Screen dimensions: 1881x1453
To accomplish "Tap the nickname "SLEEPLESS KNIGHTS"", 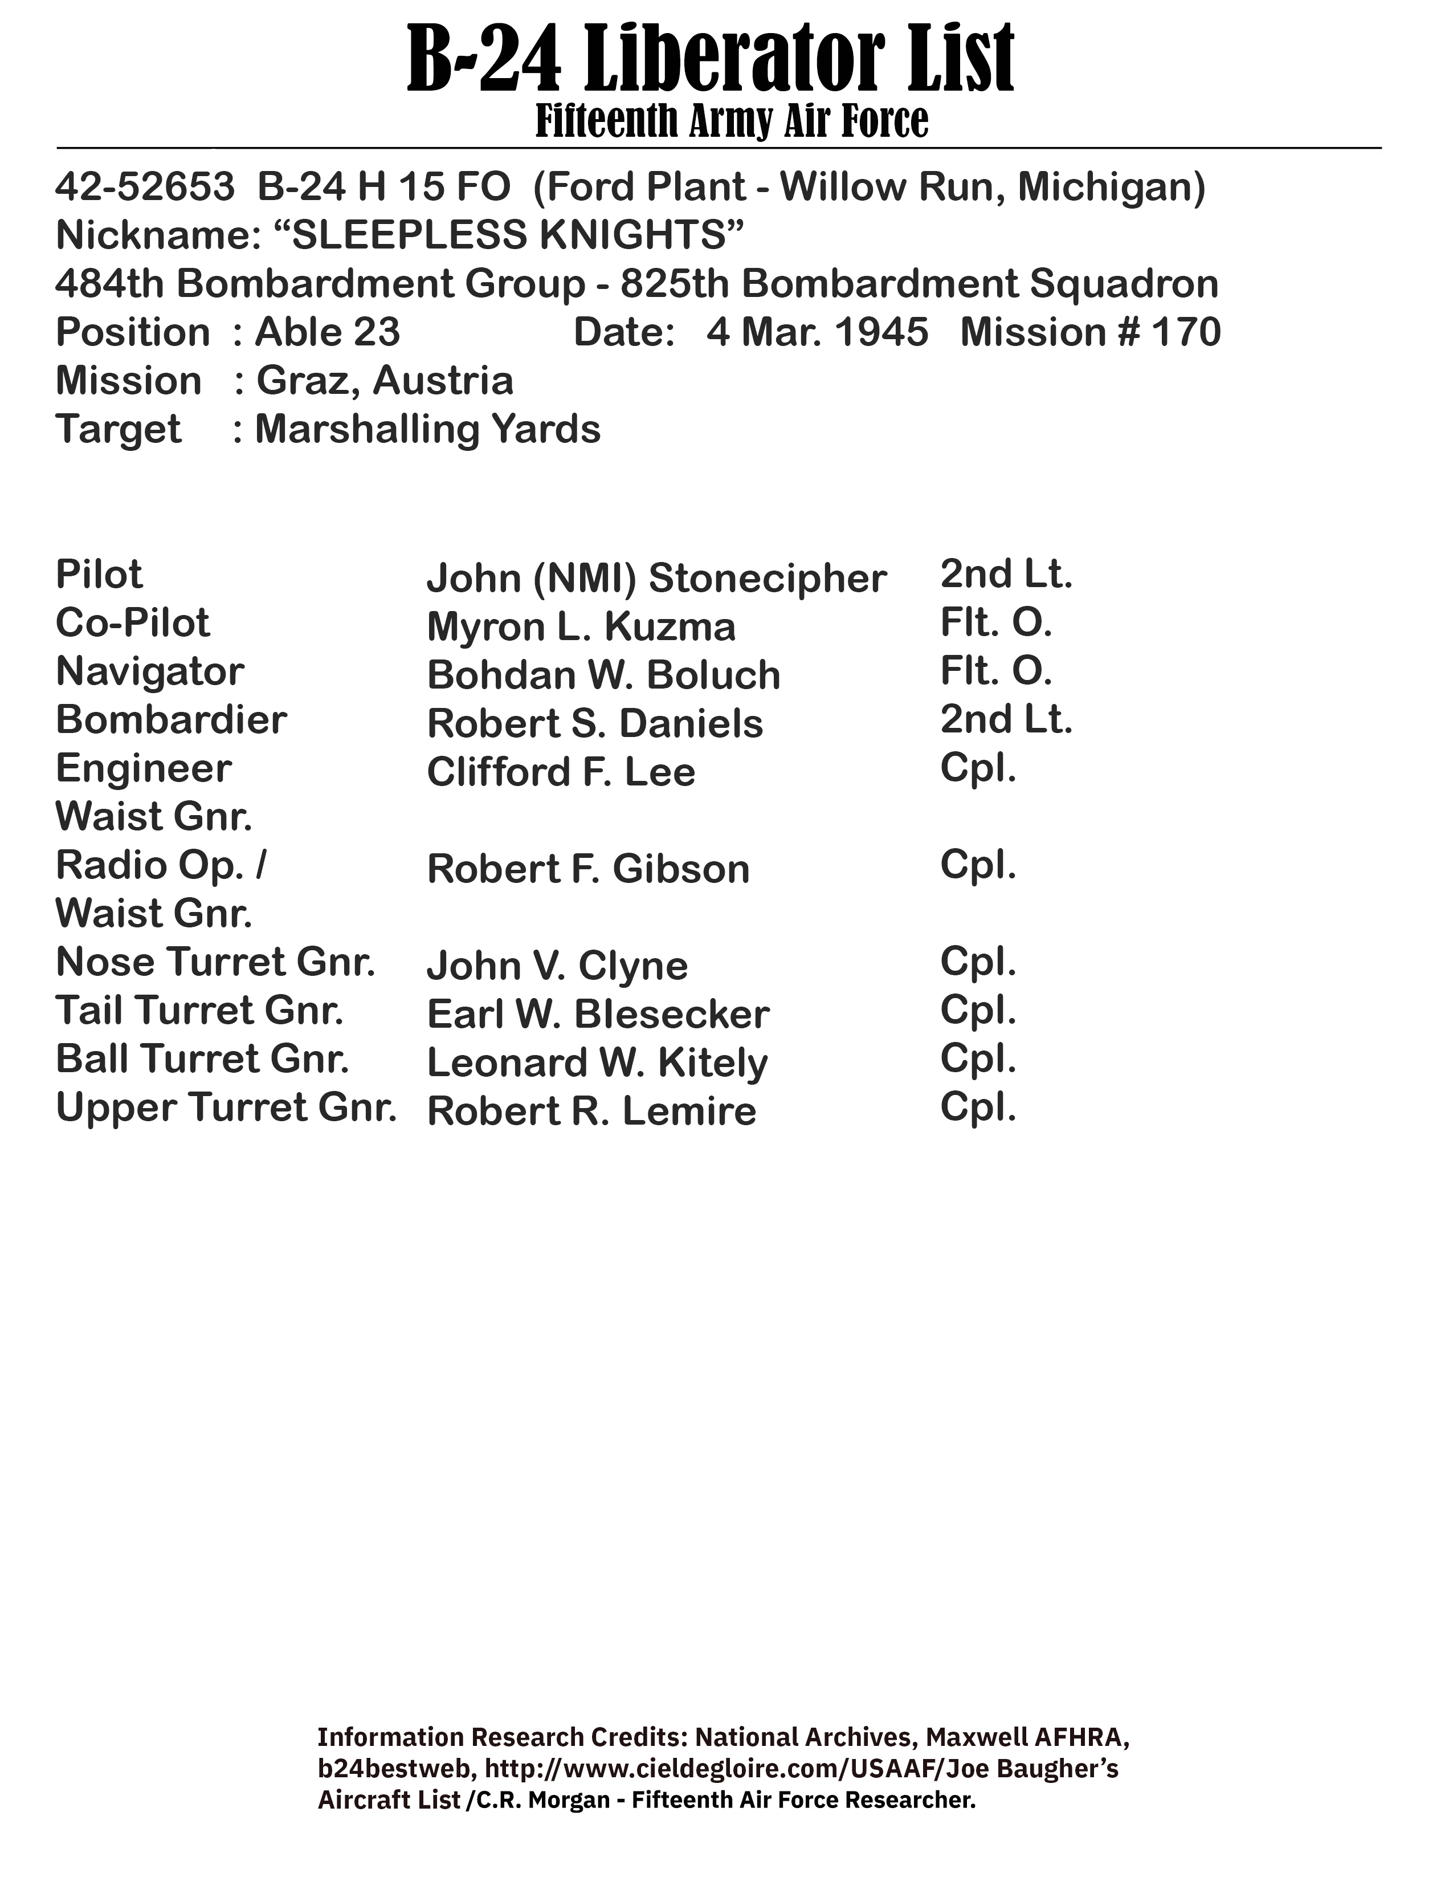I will pos(516,235).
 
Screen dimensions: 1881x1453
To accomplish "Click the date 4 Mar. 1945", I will pos(817,332).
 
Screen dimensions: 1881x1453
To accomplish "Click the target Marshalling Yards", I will pos(428,429).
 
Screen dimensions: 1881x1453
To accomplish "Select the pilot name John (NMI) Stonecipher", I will pos(656,578).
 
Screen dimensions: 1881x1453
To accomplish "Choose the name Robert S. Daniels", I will pos(595,723).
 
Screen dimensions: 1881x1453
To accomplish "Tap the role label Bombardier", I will pos(170,720).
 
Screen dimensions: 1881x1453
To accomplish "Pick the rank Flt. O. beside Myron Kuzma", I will pos(996,622).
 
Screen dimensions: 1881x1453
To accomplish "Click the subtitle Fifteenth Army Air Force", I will pos(732,121).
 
